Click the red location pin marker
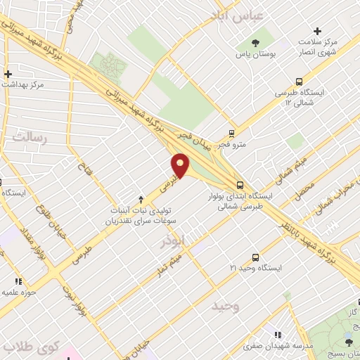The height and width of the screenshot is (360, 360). (181, 165)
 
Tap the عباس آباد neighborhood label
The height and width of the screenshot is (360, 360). (239, 15)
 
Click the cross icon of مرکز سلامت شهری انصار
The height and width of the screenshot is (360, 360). (318, 31)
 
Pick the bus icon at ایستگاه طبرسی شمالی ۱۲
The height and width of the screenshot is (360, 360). (299, 82)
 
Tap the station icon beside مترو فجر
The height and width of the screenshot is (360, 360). (232, 134)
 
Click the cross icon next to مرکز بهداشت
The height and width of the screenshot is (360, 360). (8, 74)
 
